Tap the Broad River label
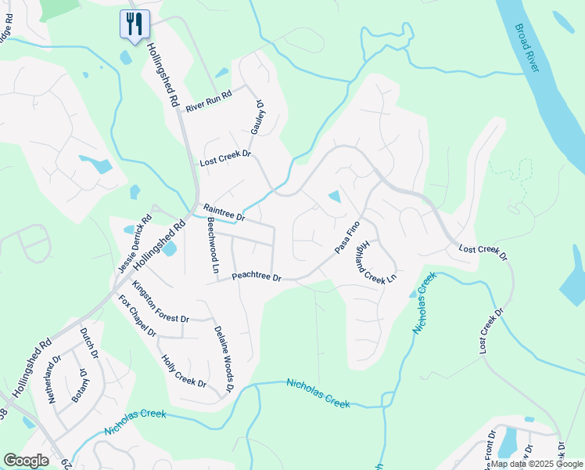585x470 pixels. pos(529,49)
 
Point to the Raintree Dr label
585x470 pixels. pos(224,212)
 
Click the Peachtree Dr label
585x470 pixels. pos(257,277)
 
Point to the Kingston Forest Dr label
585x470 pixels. pos(160,303)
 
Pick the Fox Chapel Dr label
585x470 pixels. pos(137,315)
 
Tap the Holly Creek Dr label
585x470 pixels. pos(183,372)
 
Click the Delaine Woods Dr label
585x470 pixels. pos(224,359)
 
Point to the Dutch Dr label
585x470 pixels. pos(89,343)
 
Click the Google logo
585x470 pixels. pos(26,461)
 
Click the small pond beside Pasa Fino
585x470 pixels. pos(335,196)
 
